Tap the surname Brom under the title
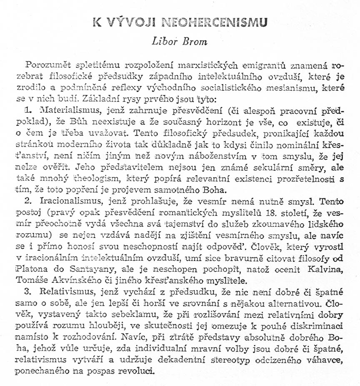[192, 42]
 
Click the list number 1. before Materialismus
[28, 111]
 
